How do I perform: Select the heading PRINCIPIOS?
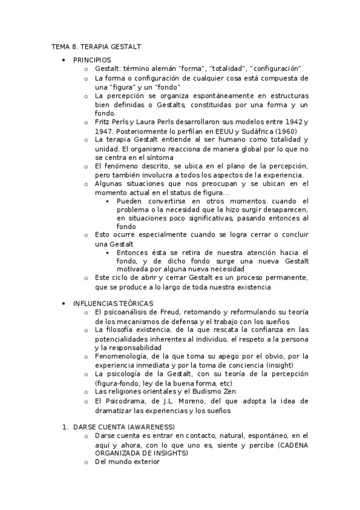[x=91, y=60]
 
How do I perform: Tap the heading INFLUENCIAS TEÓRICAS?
[x=113, y=303]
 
